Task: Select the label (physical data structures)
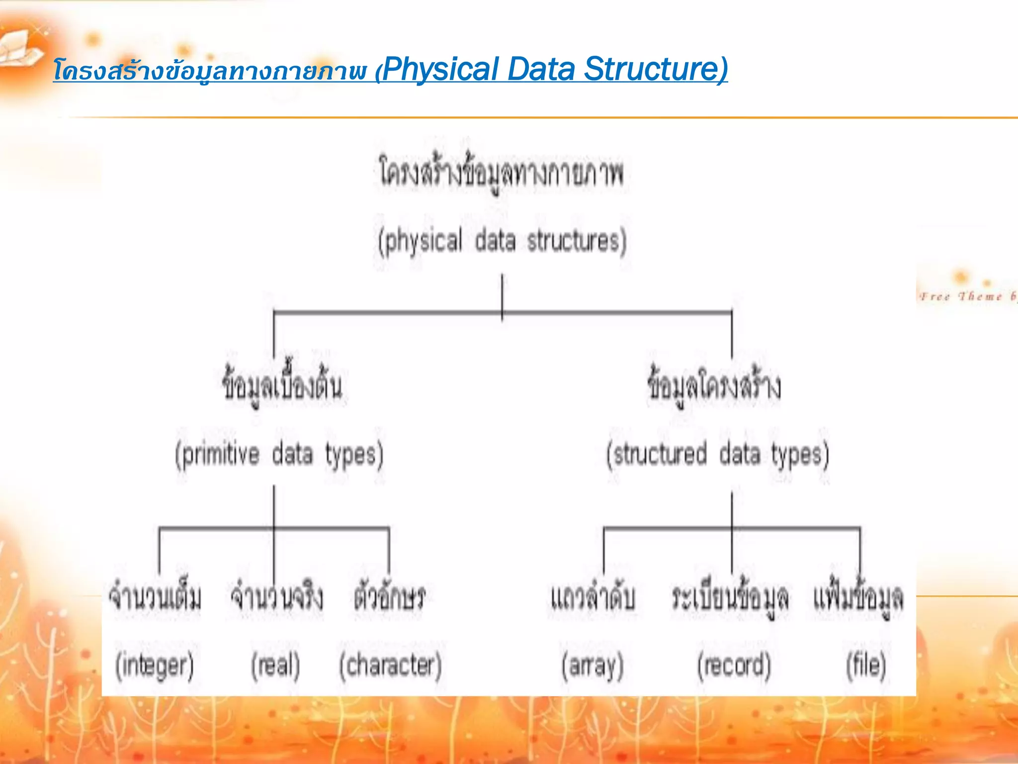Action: [x=502, y=242]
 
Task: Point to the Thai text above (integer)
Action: [x=156, y=597]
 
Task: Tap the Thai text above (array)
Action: [x=593, y=597]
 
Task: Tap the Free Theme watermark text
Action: [x=967, y=297]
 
